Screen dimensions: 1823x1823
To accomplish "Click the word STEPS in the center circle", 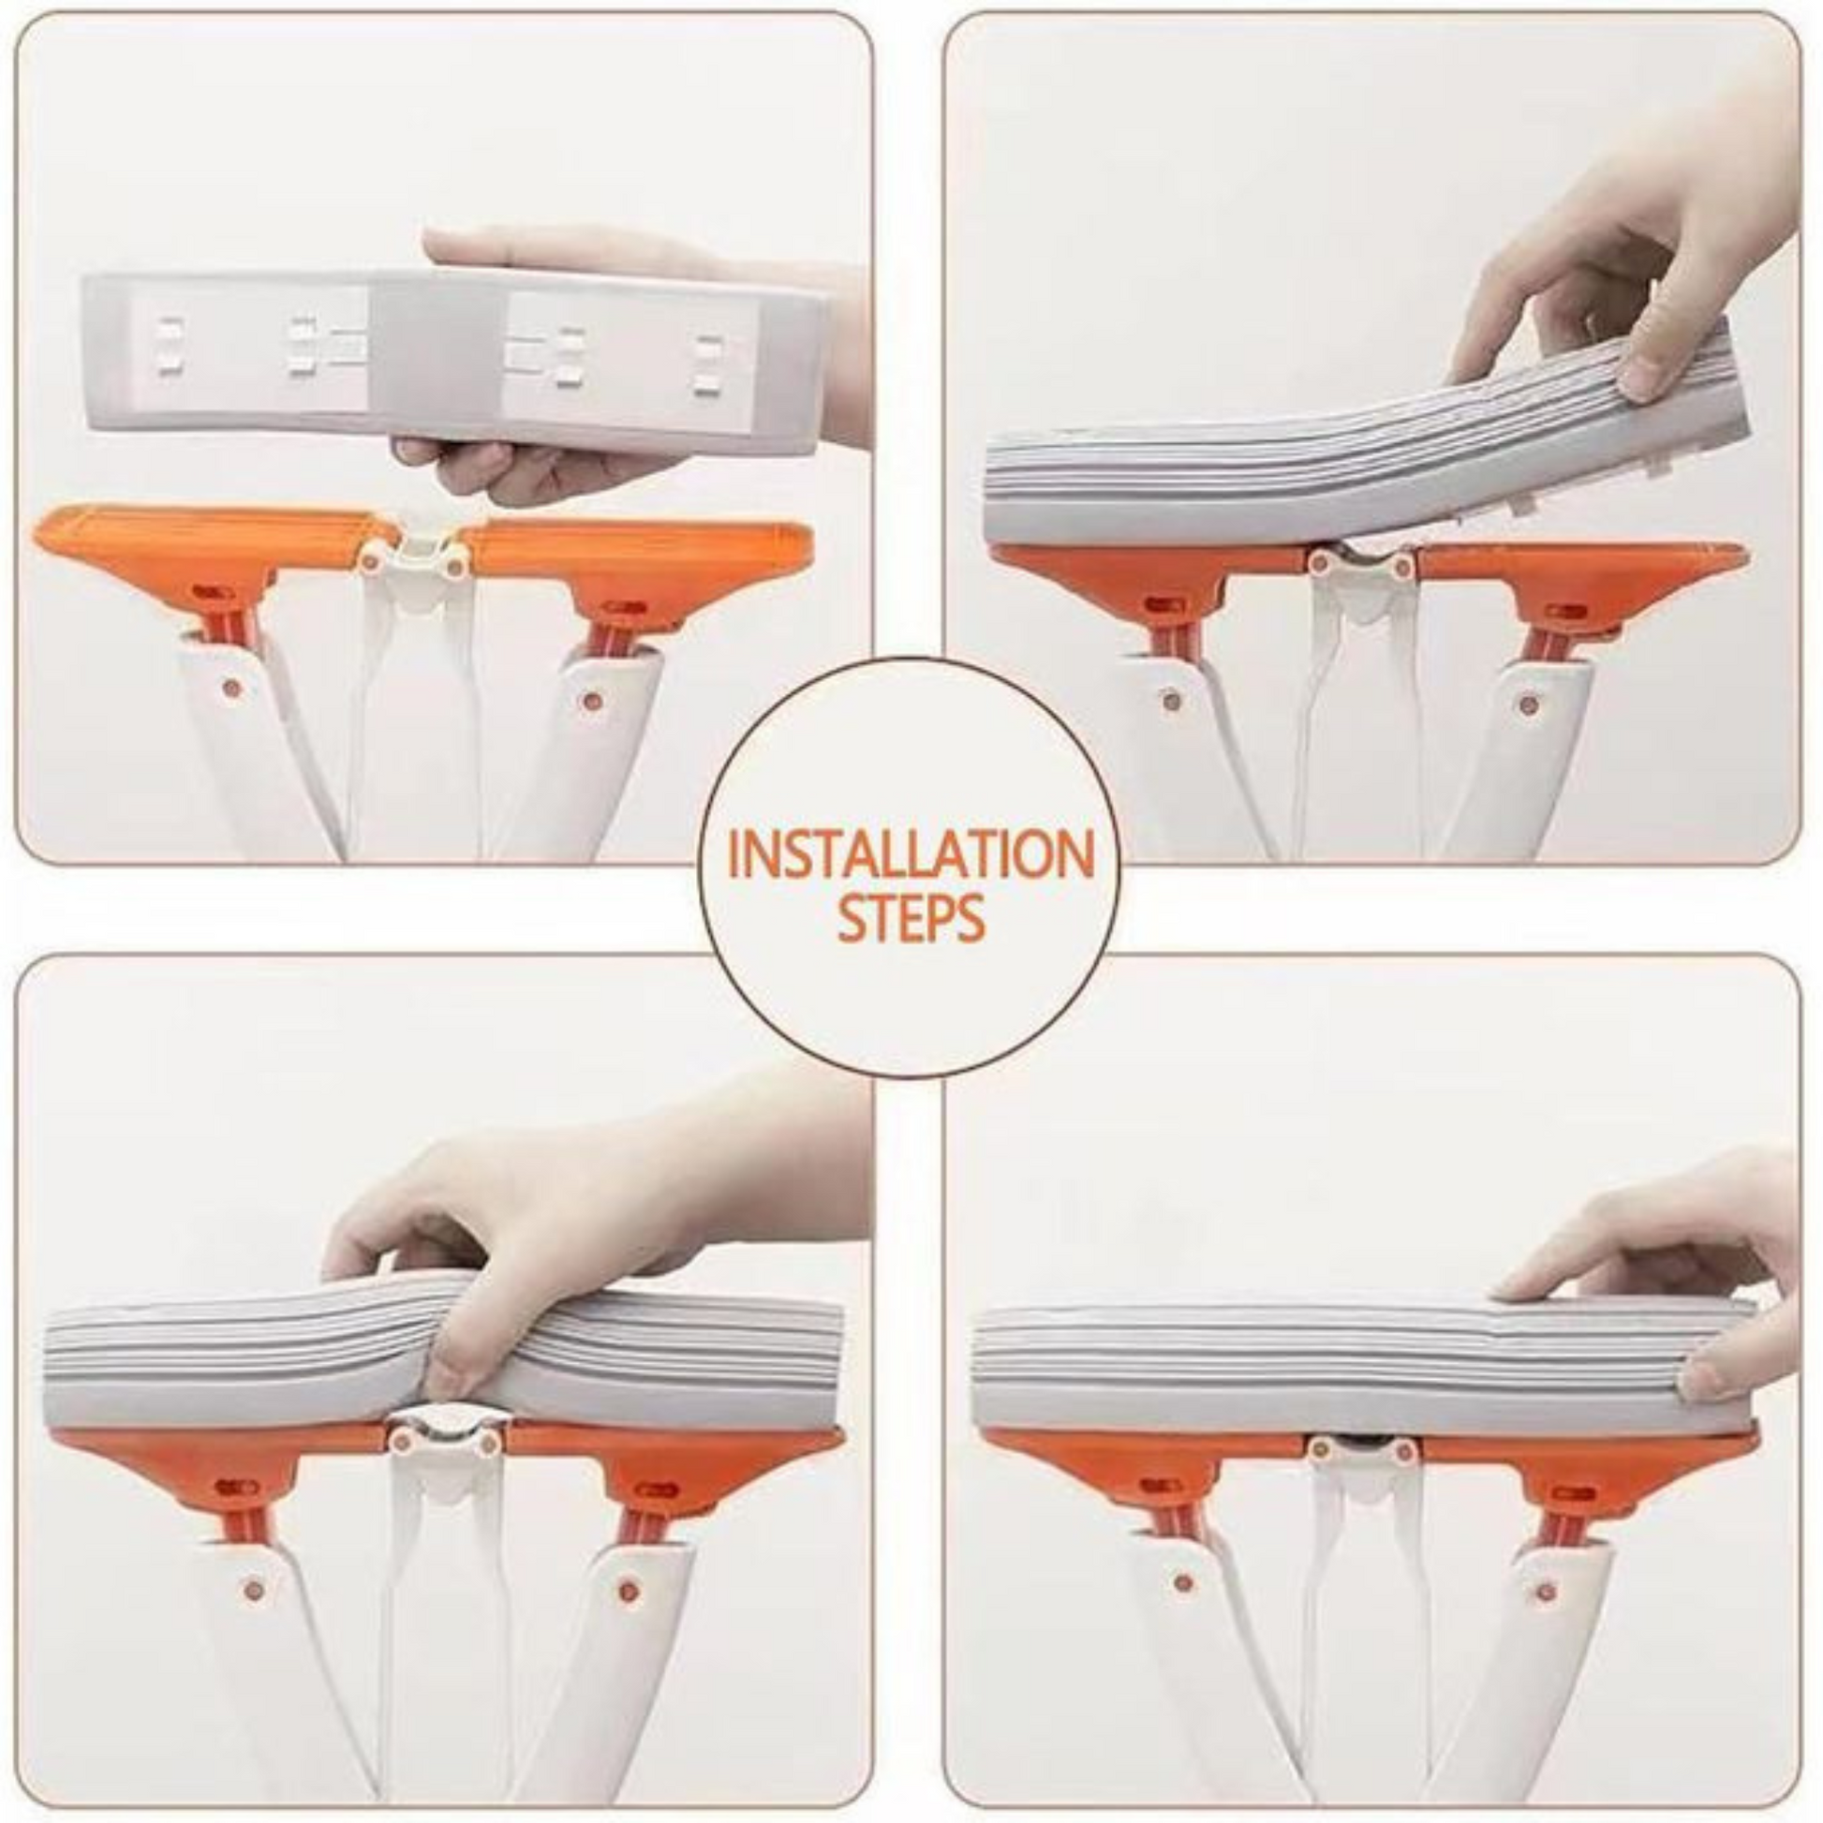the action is point(911,919).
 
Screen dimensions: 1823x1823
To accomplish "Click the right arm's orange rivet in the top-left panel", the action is point(592,700).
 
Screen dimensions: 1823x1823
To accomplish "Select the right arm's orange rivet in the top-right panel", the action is point(1528,703).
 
